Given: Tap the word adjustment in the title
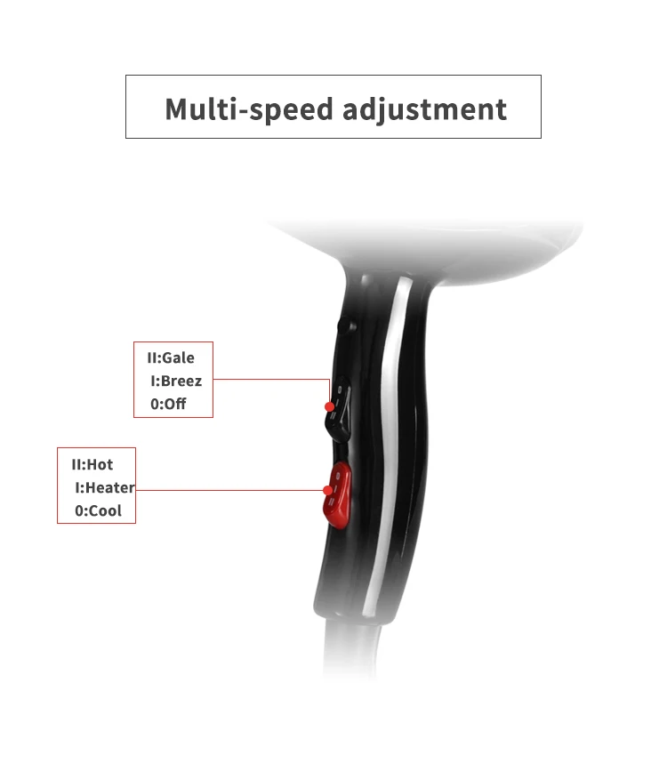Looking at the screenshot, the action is point(424,108).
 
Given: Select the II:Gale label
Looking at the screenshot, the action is point(171,357).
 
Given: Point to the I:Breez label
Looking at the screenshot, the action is point(176,381).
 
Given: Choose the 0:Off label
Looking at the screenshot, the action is point(169,406).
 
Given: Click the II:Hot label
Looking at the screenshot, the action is point(92,464).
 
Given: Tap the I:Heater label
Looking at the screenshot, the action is point(105,488).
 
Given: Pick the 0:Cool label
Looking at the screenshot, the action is point(99,511).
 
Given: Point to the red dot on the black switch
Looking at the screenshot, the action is point(329,406).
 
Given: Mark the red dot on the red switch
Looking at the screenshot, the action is point(328,490).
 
